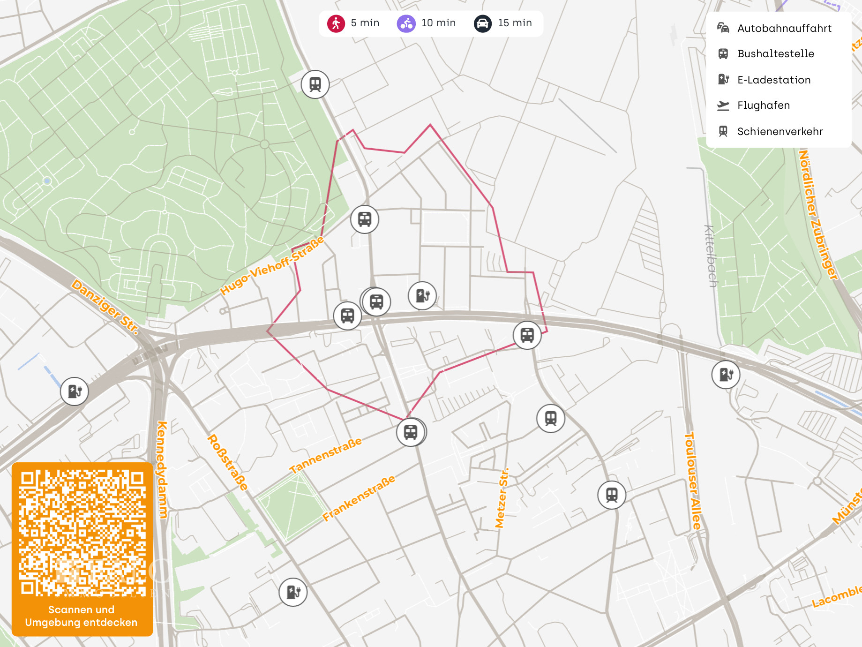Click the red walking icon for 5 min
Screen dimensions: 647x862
(x=336, y=23)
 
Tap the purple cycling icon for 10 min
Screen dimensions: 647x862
(x=406, y=23)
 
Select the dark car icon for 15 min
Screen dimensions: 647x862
(x=482, y=23)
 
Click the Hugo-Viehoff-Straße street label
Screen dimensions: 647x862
(x=272, y=266)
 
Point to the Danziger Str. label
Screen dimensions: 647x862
(x=105, y=307)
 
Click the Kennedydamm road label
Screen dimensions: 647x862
(x=162, y=469)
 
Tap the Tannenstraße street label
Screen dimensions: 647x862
(x=325, y=455)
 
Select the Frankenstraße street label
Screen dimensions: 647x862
(x=359, y=498)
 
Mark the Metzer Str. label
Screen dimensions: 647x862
(x=502, y=498)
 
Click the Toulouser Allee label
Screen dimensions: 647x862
(x=693, y=481)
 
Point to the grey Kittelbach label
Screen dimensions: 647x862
(x=711, y=256)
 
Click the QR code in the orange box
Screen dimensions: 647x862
(x=82, y=533)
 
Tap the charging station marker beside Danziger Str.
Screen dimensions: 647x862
(x=75, y=391)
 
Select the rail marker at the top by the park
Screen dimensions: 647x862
(x=315, y=84)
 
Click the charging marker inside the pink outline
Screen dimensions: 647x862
(x=422, y=295)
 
